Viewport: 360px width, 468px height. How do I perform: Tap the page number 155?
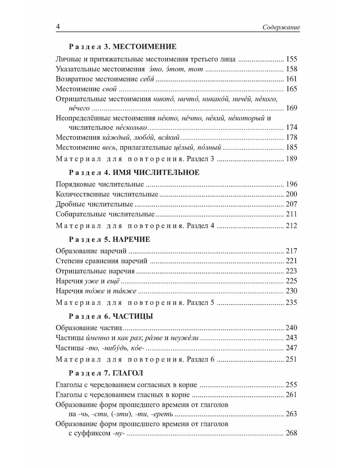click(x=291, y=59)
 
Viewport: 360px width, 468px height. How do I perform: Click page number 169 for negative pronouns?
click(x=291, y=108)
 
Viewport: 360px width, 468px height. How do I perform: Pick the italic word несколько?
click(x=131, y=127)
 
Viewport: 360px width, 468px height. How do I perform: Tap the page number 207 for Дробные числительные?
click(x=291, y=204)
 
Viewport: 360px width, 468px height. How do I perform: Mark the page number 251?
click(x=291, y=359)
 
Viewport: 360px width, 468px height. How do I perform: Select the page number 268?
click(x=291, y=433)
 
